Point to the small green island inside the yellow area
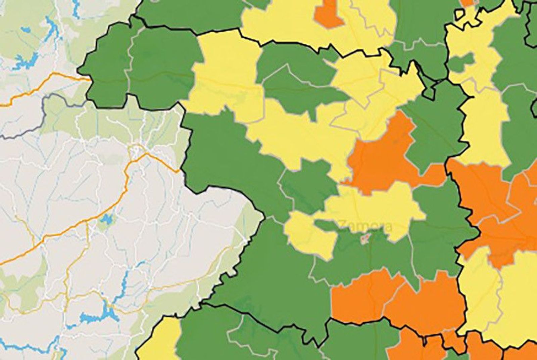click(x=462, y=62)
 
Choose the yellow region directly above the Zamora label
click(x=373, y=201)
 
